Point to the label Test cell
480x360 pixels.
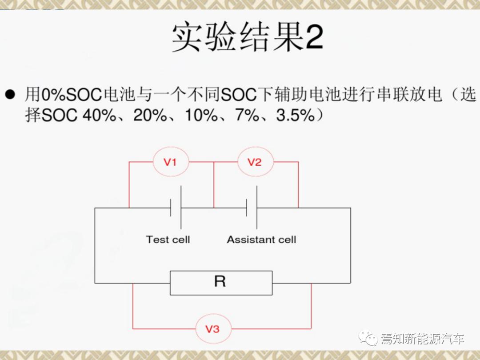[x=168, y=240]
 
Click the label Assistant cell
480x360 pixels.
[x=261, y=240]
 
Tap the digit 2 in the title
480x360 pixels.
[x=314, y=37]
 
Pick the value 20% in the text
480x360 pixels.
[x=150, y=116]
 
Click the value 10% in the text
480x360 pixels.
[x=201, y=116]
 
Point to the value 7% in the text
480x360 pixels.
[x=247, y=116]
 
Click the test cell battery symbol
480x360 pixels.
[x=176, y=208]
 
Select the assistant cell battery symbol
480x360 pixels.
[x=252, y=208]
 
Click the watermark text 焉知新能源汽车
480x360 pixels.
[x=423, y=339]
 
